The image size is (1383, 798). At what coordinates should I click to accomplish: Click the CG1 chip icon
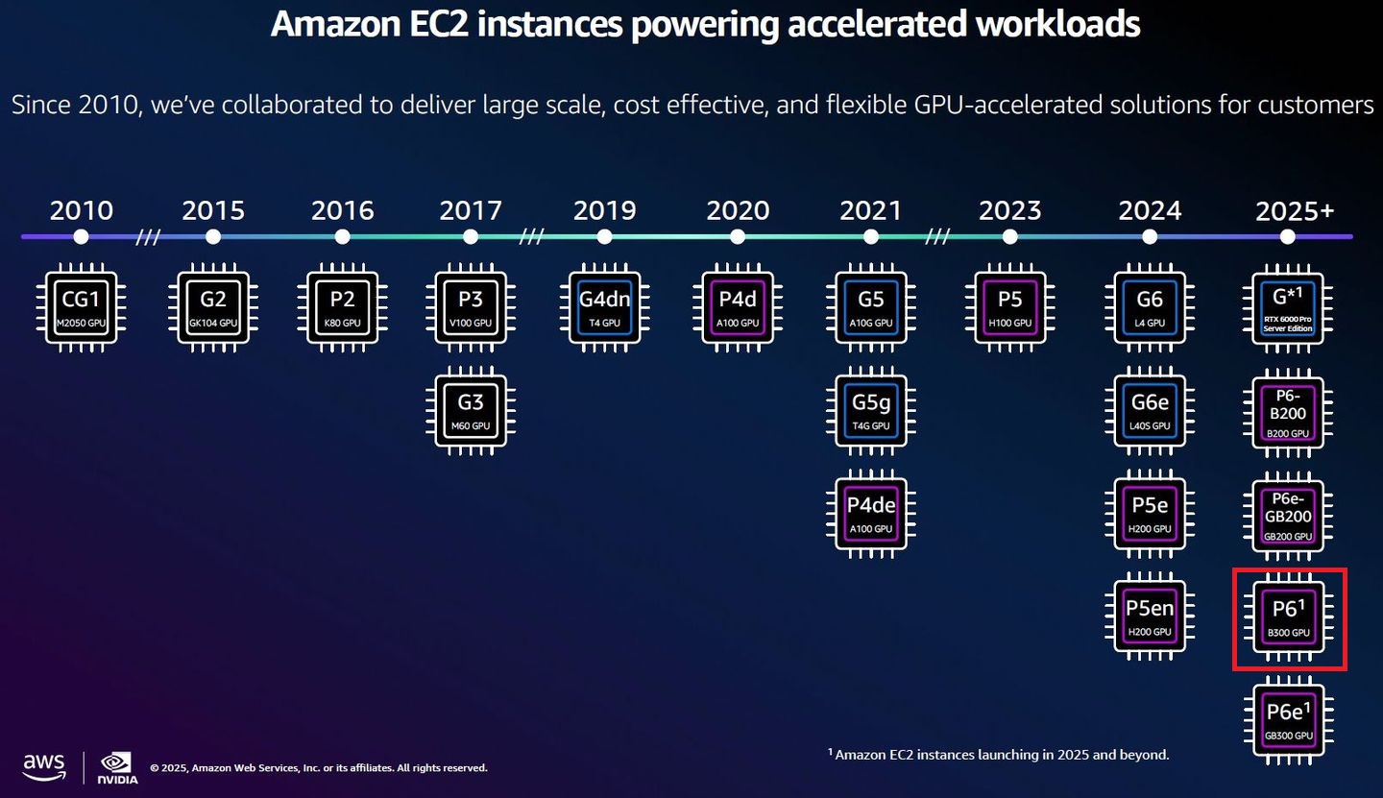point(82,307)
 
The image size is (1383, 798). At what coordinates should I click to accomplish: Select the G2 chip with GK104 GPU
point(213,307)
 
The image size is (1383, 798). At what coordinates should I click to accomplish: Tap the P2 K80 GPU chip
point(342,307)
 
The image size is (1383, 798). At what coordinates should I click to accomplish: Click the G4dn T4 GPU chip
point(604,307)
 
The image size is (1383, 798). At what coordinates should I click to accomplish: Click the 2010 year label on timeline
point(82,210)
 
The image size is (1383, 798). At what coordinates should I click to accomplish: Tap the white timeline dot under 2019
point(604,236)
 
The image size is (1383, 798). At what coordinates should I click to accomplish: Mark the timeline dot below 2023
point(1010,236)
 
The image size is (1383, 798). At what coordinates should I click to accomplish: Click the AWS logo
point(44,765)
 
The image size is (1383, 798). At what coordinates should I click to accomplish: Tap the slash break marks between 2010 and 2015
point(147,237)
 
